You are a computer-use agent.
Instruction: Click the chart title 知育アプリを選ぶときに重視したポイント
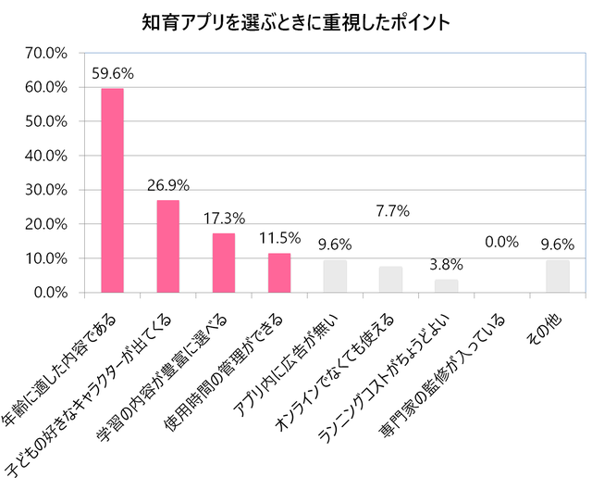click(x=296, y=22)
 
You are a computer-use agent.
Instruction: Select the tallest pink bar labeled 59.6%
click(x=112, y=190)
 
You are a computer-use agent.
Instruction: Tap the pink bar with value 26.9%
click(x=167, y=246)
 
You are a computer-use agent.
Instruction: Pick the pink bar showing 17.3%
click(x=224, y=263)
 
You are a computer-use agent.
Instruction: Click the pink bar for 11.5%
click(x=279, y=273)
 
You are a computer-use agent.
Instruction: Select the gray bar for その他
click(x=558, y=276)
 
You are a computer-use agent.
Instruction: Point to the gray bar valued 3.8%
click(x=446, y=286)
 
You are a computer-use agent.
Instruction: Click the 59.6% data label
click(x=112, y=71)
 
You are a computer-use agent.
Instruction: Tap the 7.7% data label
click(x=391, y=211)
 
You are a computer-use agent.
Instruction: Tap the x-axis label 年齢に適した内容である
click(x=65, y=371)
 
